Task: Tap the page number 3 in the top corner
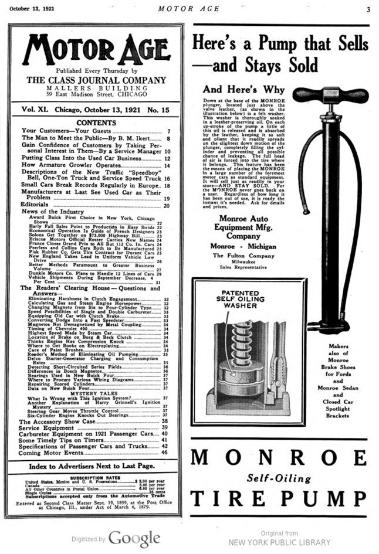click(x=368, y=9)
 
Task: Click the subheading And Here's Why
click(x=243, y=90)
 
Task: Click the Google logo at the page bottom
click(x=134, y=538)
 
